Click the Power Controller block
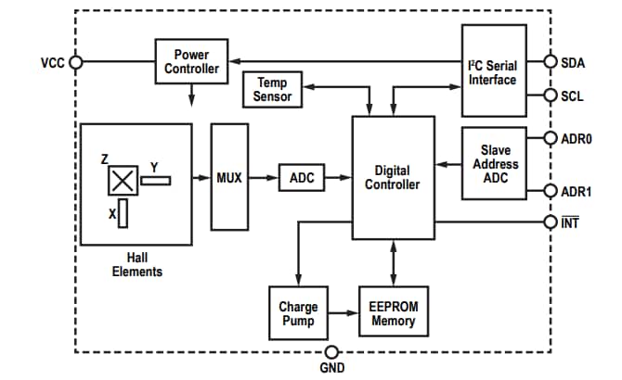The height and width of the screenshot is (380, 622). (x=191, y=61)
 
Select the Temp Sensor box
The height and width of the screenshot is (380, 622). (x=272, y=90)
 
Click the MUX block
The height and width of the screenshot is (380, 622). (x=229, y=177)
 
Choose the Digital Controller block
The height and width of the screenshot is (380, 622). (x=393, y=177)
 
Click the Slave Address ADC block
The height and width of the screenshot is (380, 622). (x=493, y=164)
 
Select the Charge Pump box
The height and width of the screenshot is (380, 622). (x=298, y=313)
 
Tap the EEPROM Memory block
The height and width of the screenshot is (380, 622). (x=394, y=313)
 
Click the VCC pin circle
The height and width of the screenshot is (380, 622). (x=76, y=62)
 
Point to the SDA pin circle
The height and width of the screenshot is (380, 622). (x=551, y=62)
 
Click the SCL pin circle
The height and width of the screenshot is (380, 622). (x=551, y=95)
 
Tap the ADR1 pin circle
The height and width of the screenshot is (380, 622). (x=551, y=192)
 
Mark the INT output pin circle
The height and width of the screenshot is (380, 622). (x=551, y=222)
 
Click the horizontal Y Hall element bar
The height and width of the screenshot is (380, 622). (x=157, y=180)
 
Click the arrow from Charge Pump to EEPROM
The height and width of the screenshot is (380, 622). (x=343, y=313)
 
